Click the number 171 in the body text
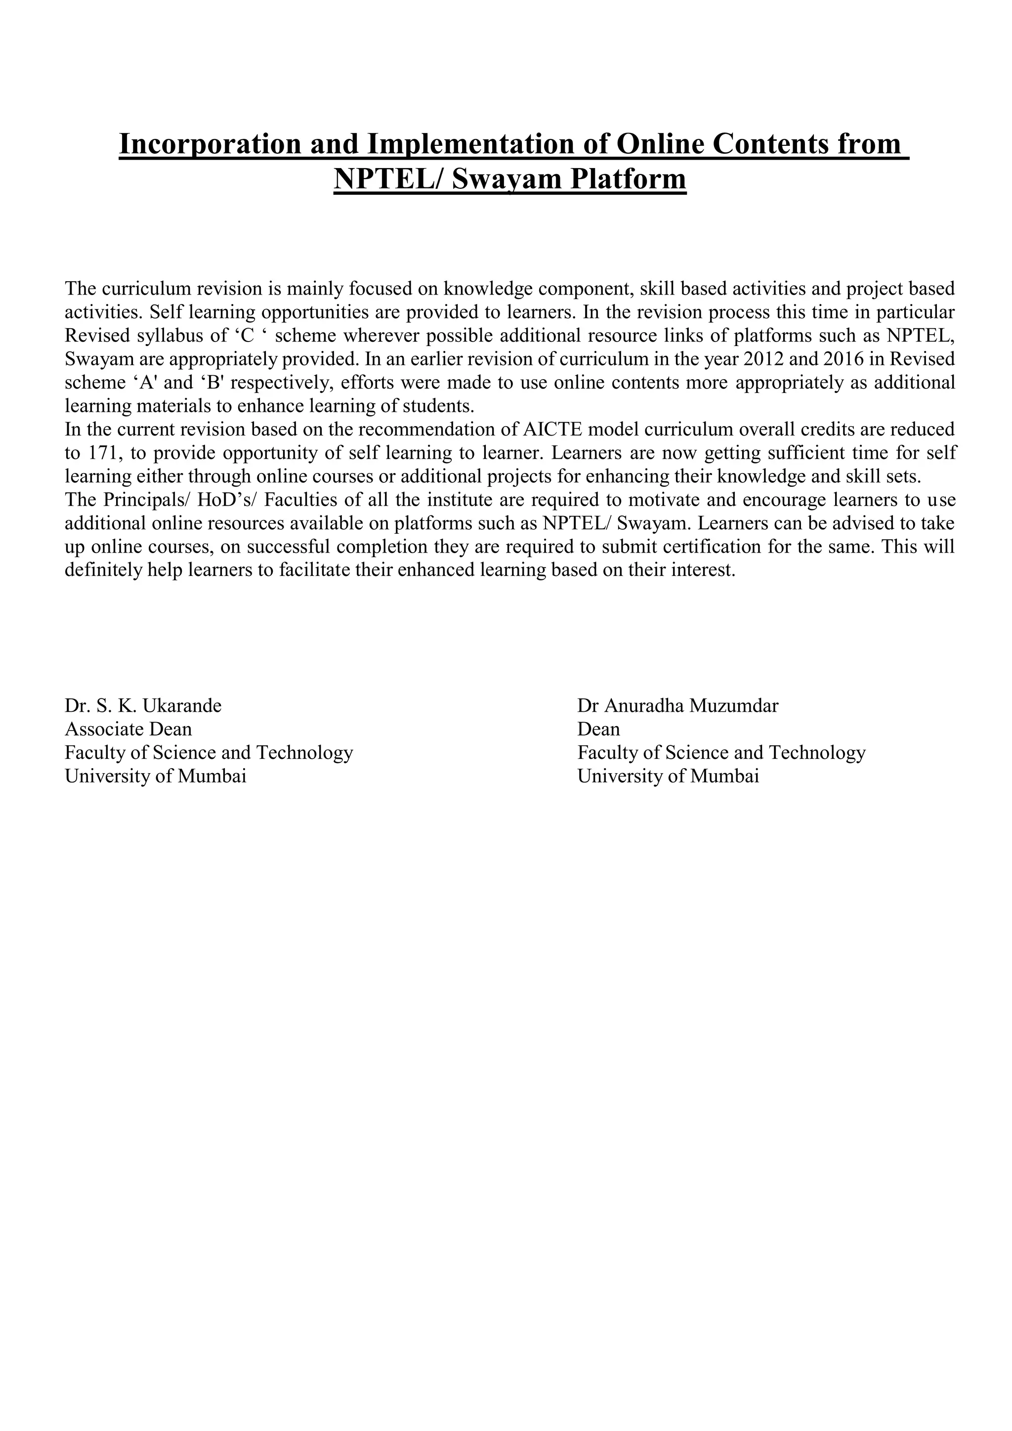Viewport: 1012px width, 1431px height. [x=103, y=453]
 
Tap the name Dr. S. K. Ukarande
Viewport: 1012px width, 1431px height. [x=143, y=706]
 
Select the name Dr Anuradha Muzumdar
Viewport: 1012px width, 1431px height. [x=677, y=706]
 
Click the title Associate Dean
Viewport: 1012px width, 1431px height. [x=128, y=729]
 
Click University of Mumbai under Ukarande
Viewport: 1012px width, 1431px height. [x=155, y=777]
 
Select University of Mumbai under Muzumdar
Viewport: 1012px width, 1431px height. [x=668, y=777]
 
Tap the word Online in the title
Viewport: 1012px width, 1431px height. [x=660, y=143]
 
